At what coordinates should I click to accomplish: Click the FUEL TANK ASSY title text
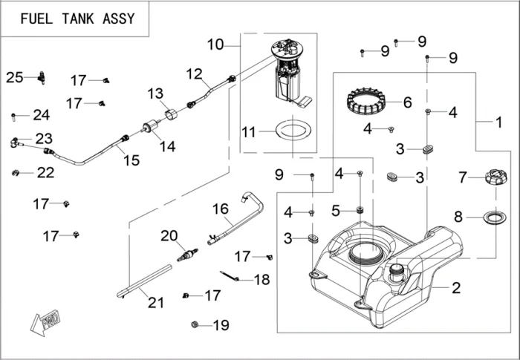pyautogui.click(x=77, y=18)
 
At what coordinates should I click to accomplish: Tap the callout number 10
pyautogui.click(x=215, y=45)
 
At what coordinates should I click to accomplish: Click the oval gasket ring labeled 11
pyautogui.click(x=290, y=131)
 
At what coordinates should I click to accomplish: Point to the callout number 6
pyautogui.click(x=407, y=102)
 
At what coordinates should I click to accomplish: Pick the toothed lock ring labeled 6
pyautogui.click(x=369, y=100)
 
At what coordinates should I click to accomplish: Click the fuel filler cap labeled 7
pyautogui.click(x=495, y=178)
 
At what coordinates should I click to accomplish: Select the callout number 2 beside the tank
pyautogui.click(x=456, y=288)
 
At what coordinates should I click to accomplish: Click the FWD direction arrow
pyautogui.click(x=46, y=321)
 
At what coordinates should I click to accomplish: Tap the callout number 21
pyautogui.click(x=155, y=302)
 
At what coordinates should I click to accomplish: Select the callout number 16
pyautogui.click(x=221, y=209)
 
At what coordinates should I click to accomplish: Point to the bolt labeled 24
pyautogui.click(x=14, y=116)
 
